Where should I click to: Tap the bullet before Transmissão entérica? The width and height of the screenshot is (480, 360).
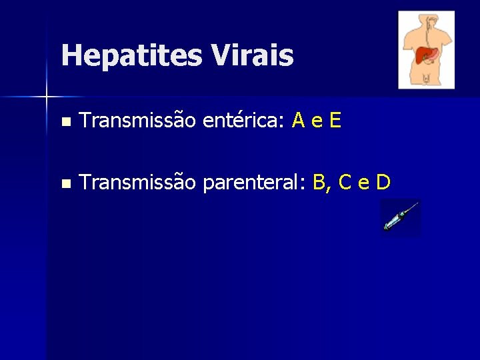pos(64,123)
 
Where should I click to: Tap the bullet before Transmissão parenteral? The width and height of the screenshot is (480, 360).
pos(64,183)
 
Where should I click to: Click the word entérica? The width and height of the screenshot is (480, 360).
pos(243,121)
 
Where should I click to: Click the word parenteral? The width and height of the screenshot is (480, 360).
pos(253,181)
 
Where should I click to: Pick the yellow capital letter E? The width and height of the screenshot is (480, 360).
pos(335,121)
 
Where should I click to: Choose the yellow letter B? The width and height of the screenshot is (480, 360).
pos(319,181)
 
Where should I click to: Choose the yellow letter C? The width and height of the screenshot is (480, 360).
pos(346,181)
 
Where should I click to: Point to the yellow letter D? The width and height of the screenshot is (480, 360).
pos(383,181)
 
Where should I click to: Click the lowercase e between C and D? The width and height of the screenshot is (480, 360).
pos(364,182)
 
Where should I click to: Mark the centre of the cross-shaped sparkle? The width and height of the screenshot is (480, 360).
pos(47,97)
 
